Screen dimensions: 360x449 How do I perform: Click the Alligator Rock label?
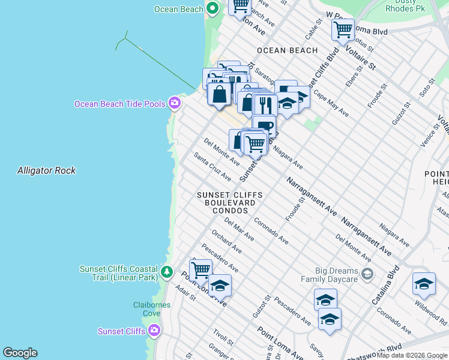(46, 170)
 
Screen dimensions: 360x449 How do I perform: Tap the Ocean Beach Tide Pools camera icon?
(175, 103)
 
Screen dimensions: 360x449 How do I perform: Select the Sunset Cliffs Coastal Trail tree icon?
(167, 273)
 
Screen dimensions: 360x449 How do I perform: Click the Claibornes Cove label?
(151, 309)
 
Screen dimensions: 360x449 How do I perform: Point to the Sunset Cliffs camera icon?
(155, 331)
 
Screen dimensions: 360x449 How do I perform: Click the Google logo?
(20, 353)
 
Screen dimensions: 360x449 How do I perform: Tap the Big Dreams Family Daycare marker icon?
(367, 274)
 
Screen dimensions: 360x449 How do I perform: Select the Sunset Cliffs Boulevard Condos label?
(226, 203)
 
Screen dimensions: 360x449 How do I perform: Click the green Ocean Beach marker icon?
(212, 8)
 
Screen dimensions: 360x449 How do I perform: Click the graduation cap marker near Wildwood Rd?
(424, 284)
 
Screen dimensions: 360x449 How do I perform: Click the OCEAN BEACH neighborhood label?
(287, 50)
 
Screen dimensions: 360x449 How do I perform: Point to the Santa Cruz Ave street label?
(212, 166)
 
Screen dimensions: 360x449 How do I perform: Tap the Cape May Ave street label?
(331, 104)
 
